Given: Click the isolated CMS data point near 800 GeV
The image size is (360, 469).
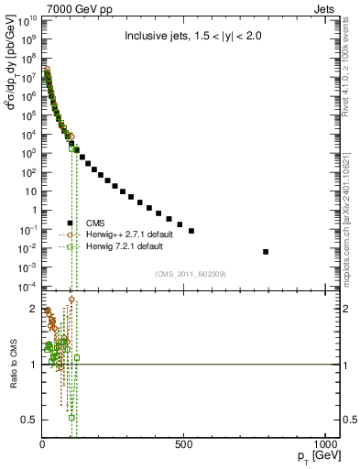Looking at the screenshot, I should tap(266, 251).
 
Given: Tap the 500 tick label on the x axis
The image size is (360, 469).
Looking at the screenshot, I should tap(184, 444).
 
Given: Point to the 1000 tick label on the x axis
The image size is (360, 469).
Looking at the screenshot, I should tap(326, 444).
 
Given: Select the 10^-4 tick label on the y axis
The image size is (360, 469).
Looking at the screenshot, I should tap(27, 286).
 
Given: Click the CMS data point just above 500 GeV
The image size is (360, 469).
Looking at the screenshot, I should tap(191, 231).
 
